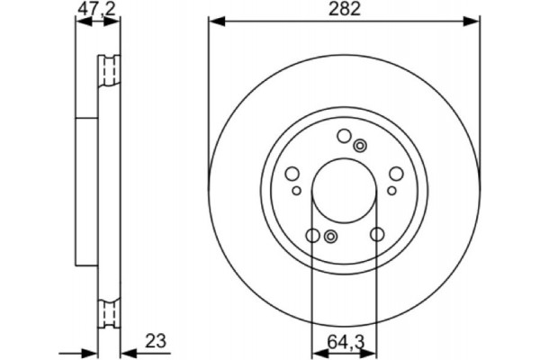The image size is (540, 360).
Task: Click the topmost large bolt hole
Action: point(343,136)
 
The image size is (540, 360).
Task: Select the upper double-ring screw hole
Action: point(360,146)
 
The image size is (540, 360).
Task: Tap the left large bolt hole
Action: point(292,175)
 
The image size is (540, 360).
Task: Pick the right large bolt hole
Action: point(396,175)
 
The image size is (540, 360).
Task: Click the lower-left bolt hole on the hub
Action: point(312,236)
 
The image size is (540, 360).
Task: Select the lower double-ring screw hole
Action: point(330,237)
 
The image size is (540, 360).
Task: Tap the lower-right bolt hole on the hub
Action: point(375,236)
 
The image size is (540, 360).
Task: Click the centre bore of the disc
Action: point(344,191)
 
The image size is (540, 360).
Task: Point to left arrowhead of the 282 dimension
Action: point(214,21)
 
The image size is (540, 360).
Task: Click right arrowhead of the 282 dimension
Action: point(474,21)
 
